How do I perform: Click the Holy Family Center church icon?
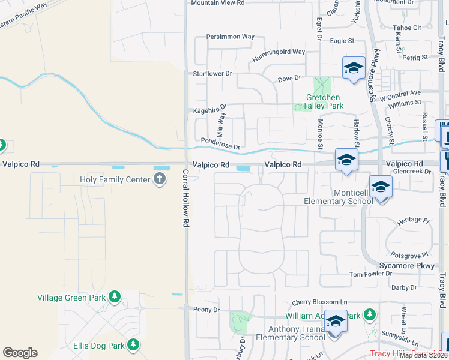(x=160, y=179)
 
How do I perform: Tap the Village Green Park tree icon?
(x=114, y=297)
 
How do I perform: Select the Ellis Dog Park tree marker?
(x=133, y=345)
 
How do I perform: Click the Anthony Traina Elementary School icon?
(x=336, y=322)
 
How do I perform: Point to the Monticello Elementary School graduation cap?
(x=380, y=187)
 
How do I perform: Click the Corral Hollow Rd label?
(x=185, y=197)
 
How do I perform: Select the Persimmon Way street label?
(x=230, y=37)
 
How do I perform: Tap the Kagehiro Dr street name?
(x=209, y=110)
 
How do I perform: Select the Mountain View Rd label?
(x=218, y=3)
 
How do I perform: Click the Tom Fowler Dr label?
(x=370, y=274)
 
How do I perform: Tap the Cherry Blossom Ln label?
(x=320, y=302)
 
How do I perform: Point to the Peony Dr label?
(x=206, y=310)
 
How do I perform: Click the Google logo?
(x=20, y=353)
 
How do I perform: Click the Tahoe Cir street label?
(x=407, y=28)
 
